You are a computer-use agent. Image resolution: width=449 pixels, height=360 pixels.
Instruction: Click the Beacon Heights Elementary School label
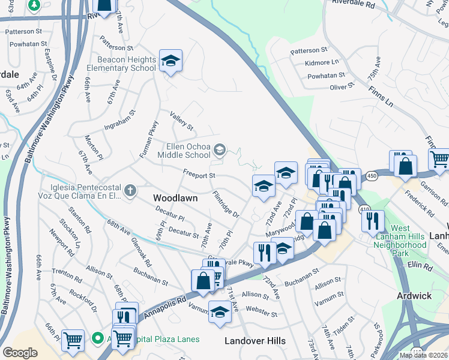tap(125, 63)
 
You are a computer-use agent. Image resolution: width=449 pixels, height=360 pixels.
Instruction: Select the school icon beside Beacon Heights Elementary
tap(170, 61)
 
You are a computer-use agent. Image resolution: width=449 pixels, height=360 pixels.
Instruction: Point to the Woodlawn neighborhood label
tap(176, 197)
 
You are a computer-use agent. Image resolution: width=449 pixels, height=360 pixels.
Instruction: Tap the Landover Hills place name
tap(255, 341)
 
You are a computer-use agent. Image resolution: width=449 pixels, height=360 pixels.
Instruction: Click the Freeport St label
tap(199, 175)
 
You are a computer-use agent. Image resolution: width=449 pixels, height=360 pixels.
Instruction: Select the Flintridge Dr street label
tap(226, 205)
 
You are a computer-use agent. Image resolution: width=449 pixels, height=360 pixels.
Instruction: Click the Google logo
tap(20, 352)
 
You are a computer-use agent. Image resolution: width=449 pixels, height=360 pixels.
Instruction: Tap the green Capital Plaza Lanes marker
tap(97, 338)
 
